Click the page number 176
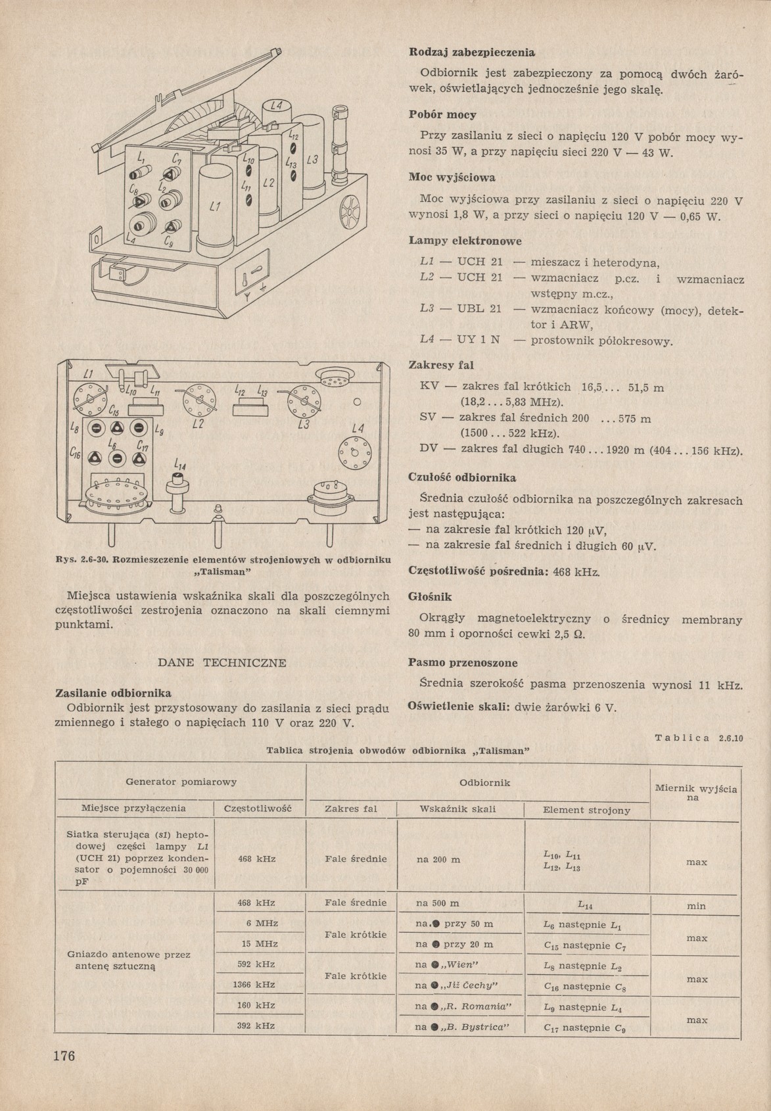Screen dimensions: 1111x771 pos(64,1056)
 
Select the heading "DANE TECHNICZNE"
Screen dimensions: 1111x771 pos(223,663)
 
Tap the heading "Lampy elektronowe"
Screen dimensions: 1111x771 pos(456,241)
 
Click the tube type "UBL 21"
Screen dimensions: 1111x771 pos(479,309)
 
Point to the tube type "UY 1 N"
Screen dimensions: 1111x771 pos(479,341)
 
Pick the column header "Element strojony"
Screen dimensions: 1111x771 pos(586,811)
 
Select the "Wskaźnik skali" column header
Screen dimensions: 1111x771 pos(457,809)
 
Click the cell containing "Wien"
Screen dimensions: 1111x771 pos(447,964)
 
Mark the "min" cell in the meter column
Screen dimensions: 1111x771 pos(696,906)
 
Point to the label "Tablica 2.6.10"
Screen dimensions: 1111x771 pos(699,738)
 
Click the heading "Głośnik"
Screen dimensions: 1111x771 pos(430,597)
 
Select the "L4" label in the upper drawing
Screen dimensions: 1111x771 pos(276,106)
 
